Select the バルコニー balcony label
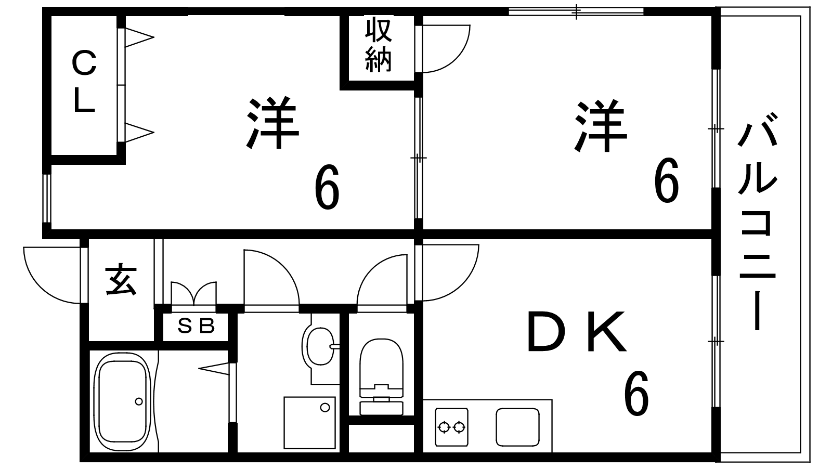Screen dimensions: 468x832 point(757,226)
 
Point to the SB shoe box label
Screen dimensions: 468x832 point(196,327)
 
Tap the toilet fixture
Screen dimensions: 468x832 point(381,374)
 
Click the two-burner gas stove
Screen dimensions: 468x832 point(451,427)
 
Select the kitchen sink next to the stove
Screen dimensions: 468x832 point(517,427)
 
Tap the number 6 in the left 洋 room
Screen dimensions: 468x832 point(327,187)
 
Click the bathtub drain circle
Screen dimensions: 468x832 point(138,401)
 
